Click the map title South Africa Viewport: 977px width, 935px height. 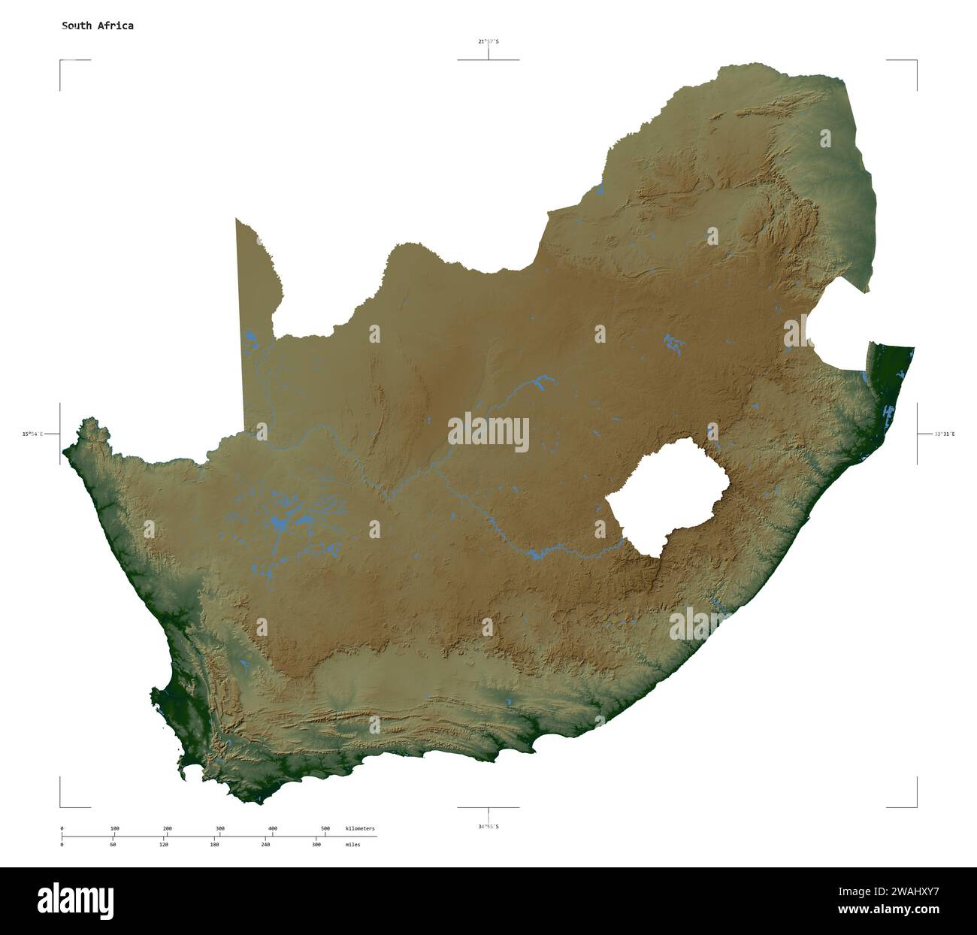(x=98, y=26)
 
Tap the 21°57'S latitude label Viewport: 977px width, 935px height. (x=488, y=41)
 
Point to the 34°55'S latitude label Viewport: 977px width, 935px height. (x=488, y=827)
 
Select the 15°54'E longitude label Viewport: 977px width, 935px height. (x=32, y=434)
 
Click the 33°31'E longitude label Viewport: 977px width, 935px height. (x=945, y=434)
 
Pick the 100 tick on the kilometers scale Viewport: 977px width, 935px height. (x=114, y=835)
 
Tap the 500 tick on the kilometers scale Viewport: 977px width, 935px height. (x=325, y=835)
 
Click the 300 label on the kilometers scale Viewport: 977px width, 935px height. (x=220, y=828)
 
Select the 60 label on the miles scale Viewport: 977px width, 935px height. (x=113, y=845)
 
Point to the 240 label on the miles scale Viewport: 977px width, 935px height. (x=265, y=845)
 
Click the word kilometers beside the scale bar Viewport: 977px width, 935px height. (x=360, y=828)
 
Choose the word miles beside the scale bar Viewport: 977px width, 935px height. (x=352, y=845)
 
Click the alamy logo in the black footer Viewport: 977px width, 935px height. (x=76, y=900)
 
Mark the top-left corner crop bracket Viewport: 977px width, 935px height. (x=62, y=62)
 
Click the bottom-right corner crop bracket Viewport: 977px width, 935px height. (x=915, y=806)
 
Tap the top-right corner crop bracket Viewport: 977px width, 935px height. (x=915, y=62)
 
